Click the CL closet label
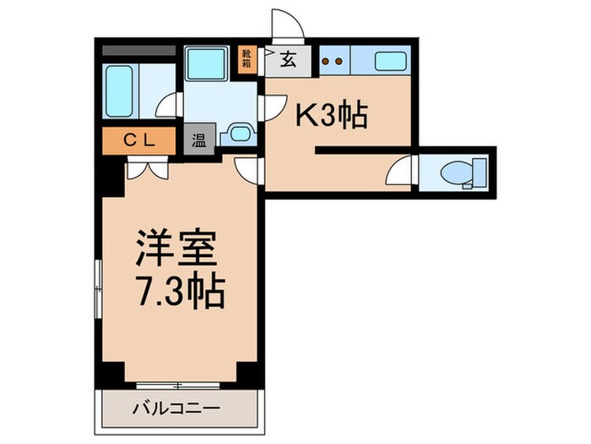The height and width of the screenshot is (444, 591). (141, 140)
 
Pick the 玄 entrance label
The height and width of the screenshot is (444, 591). (288, 60)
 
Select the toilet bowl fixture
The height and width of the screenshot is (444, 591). (462, 173)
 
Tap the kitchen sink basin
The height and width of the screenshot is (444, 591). (389, 61)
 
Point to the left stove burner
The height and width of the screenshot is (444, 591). (323, 61)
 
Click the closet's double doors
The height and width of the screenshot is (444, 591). (147, 168)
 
